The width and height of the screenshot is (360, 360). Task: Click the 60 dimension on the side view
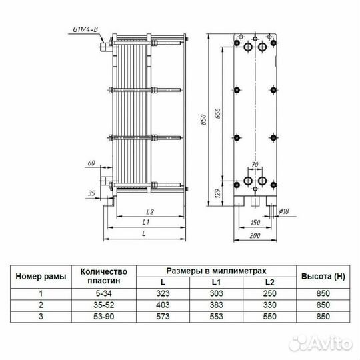click(91, 163)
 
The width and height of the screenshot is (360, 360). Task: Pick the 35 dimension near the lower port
click(91, 193)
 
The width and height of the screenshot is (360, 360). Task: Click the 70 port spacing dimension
click(254, 163)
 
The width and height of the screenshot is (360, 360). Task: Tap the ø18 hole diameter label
click(282, 212)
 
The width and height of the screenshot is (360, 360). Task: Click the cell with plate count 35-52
click(103, 304)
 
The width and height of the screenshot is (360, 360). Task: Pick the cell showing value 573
click(163, 315)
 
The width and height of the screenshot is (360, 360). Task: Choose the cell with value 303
click(216, 293)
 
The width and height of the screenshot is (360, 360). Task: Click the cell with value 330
click(269, 304)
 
